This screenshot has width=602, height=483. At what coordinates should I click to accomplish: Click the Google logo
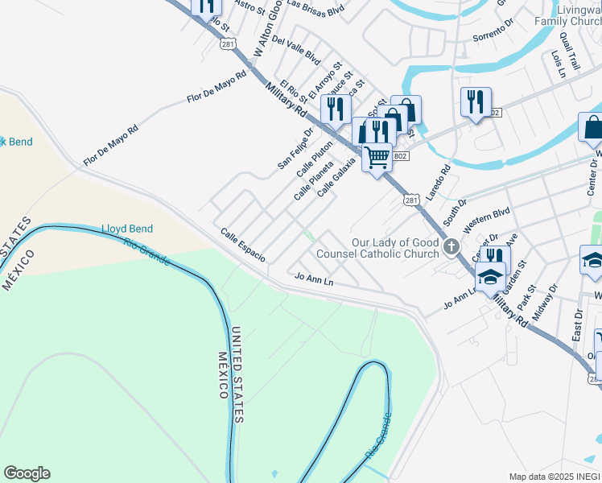click(27, 473)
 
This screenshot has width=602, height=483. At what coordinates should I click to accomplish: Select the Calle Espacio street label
click(243, 245)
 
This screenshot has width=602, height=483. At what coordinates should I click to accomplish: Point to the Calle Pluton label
click(314, 159)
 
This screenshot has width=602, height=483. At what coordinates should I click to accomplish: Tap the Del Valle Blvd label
click(296, 50)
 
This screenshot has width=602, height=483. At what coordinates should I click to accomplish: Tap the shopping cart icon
click(376, 155)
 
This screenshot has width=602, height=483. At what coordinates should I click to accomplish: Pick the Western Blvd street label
click(487, 216)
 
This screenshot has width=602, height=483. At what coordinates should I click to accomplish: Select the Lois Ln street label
click(556, 64)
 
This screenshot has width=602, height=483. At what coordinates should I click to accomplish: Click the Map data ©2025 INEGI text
click(554, 477)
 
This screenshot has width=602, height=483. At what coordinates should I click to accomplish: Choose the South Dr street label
click(455, 213)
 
